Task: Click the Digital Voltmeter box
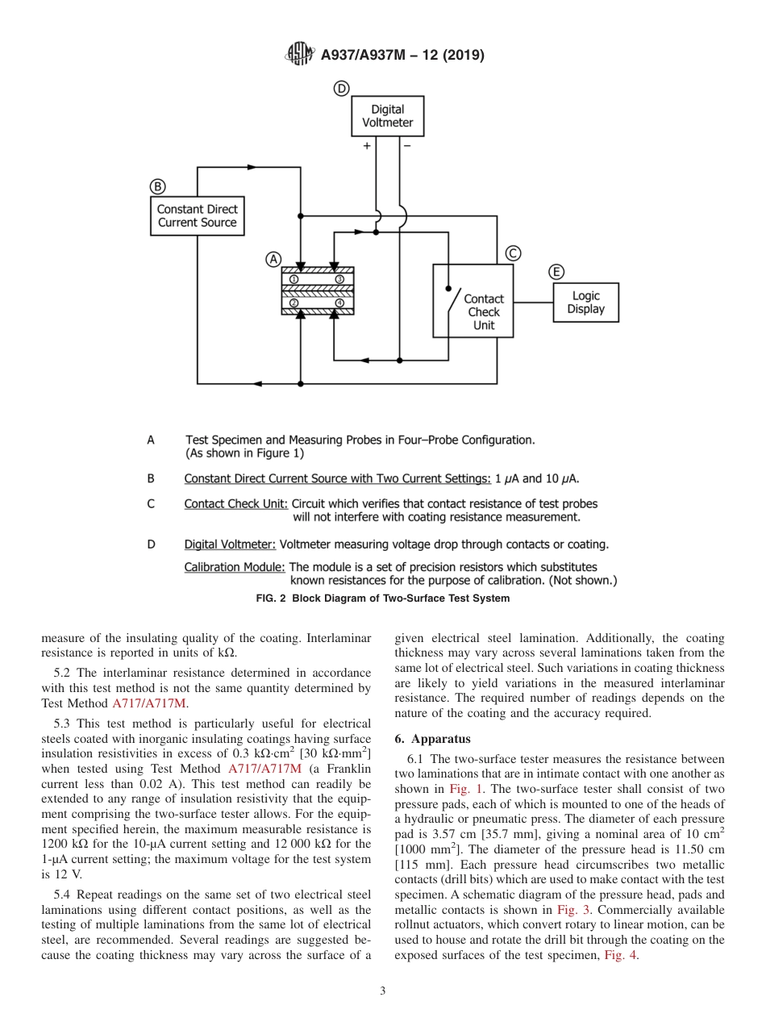point(387,116)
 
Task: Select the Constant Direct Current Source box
point(197,216)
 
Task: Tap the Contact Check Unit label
point(484,312)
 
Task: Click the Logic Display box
point(585,302)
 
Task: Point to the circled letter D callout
point(342,89)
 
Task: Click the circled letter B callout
point(158,186)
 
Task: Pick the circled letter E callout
point(556,272)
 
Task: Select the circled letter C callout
point(513,253)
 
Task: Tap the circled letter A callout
point(273,260)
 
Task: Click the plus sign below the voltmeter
point(367,146)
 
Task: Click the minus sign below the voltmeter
point(406,146)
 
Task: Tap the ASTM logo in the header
point(300,56)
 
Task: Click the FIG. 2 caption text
point(382,598)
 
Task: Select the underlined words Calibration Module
point(235,567)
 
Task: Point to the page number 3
point(383,991)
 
